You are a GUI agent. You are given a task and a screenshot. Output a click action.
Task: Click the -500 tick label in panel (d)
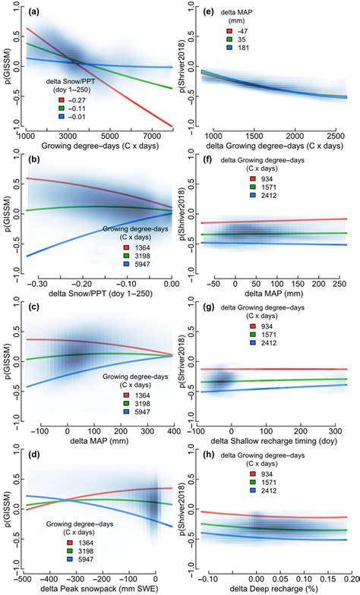[24, 577]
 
